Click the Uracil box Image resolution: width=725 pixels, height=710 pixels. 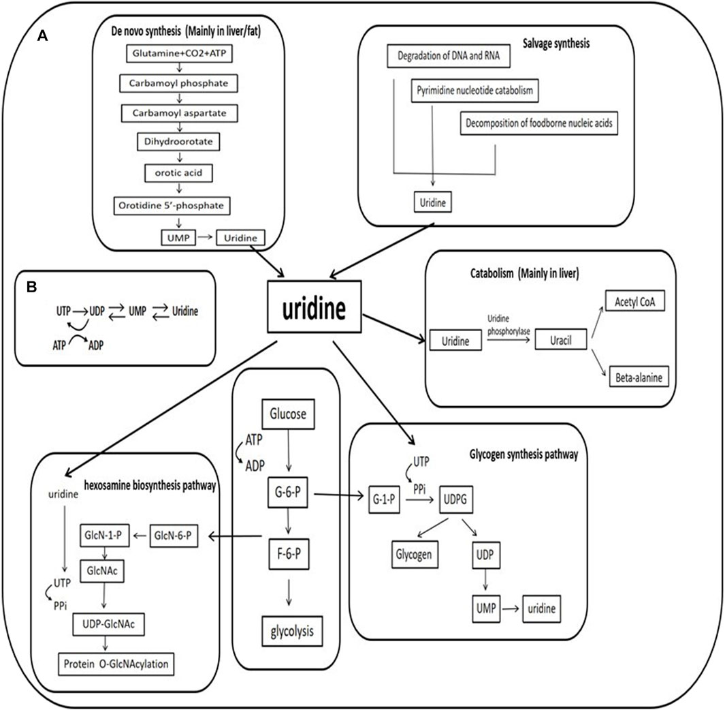click(x=562, y=339)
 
